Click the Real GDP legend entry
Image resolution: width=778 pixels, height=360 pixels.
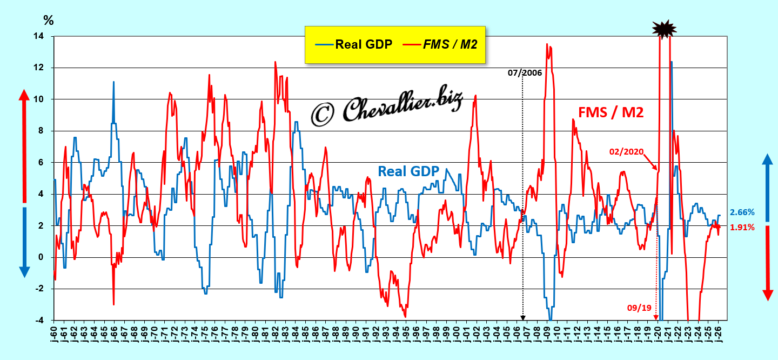353,44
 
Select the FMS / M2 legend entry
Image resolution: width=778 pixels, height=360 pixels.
440,44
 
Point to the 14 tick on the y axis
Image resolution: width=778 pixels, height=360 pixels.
38,36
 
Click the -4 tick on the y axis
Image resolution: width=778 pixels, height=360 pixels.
39,321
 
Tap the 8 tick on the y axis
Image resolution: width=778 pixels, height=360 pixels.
41,131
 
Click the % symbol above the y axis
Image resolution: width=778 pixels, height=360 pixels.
49,21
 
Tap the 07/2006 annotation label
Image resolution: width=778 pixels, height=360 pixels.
525,72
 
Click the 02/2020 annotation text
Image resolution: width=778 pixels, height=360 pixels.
627,152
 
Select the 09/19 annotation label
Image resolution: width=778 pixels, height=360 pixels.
639,308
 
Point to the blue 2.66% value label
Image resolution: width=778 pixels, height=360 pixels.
742,212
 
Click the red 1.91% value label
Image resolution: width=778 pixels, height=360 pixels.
742,228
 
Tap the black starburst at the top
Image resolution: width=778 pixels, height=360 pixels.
664,29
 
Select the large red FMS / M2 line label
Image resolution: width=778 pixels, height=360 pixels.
611,112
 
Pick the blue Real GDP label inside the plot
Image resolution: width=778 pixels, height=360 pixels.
408,171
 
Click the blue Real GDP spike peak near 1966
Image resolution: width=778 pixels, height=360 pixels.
113,82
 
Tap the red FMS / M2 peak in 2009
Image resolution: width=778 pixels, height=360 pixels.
547,44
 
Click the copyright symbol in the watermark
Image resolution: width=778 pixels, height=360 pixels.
323,115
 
